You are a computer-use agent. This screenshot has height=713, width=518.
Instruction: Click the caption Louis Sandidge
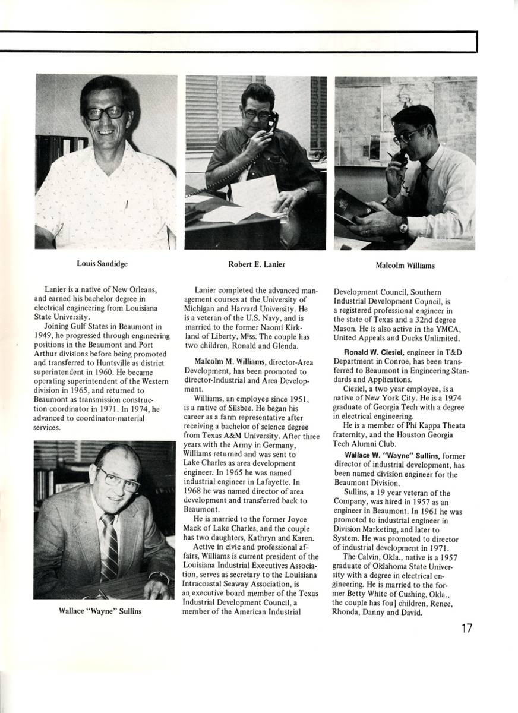pos(102,263)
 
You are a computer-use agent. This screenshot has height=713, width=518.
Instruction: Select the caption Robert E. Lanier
pos(256,264)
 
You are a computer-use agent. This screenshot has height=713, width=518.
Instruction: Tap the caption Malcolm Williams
pos(405,266)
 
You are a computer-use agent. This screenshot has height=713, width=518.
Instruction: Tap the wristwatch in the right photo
pos(404,225)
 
